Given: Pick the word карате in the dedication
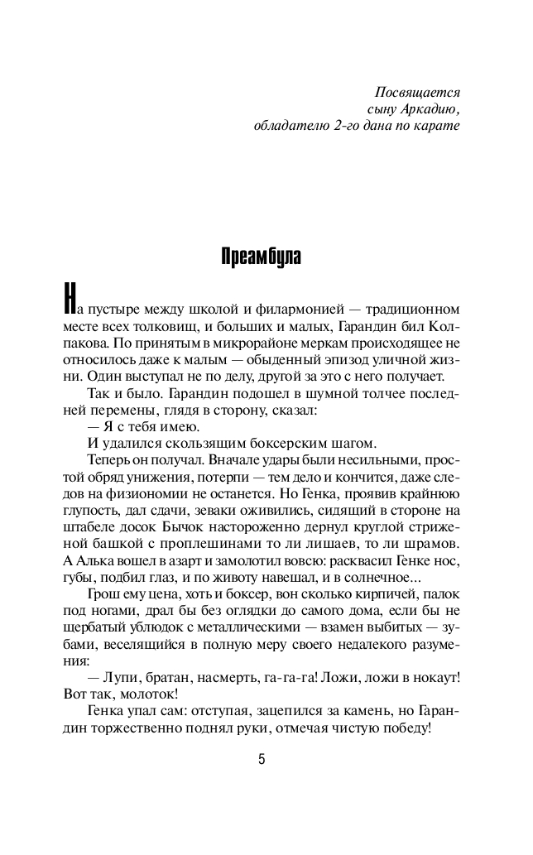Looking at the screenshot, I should coord(437,127).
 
